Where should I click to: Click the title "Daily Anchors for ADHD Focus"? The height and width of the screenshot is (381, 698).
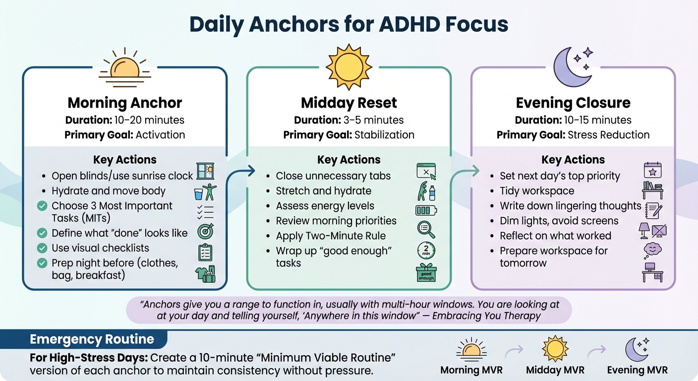pos(349,25)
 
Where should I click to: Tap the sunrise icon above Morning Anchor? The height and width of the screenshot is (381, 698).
pos(125,67)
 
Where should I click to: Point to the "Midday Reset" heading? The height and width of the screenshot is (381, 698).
pos(349,103)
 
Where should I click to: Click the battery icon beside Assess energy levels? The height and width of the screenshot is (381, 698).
pos(426,210)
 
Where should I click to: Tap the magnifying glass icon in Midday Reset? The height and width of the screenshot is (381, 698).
pos(426,229)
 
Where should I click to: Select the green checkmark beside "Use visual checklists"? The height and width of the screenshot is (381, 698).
pos(42,248)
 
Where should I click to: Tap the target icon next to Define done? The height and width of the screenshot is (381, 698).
pos(205,232)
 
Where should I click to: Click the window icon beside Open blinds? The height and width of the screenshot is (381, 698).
pos(205,171)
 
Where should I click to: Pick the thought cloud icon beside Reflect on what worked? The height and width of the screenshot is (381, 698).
pos(652,250)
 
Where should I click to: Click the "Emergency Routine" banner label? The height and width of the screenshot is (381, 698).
pos(92,340)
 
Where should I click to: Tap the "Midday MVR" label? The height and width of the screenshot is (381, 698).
pos(555,370)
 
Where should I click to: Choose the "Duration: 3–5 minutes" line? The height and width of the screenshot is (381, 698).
pos(349,120)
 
